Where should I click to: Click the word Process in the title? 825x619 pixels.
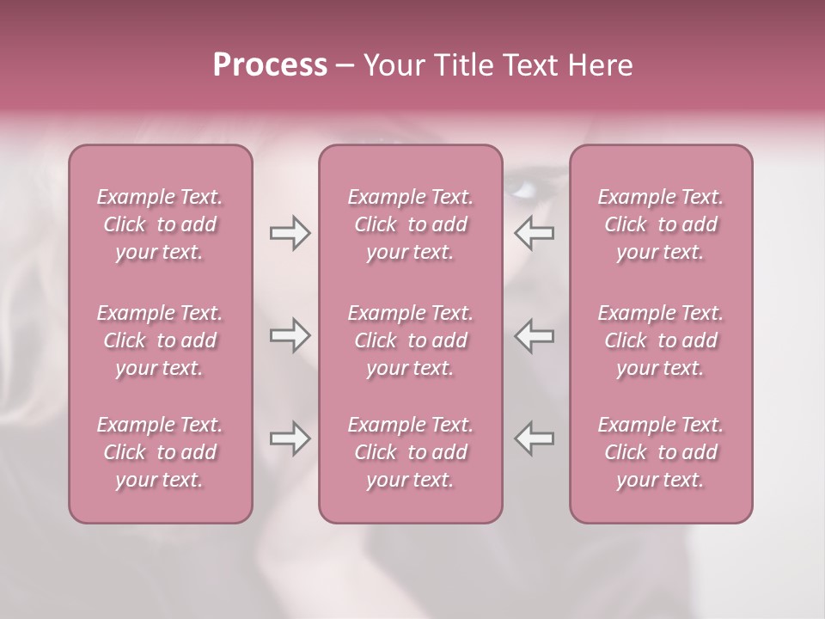[x=270, y=65]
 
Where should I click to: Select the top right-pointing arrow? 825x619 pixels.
[x=290, y=233]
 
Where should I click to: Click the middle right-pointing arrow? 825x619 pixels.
[x=290, y=336]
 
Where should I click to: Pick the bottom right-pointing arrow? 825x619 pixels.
[x=290, y=439]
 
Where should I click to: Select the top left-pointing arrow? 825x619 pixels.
[x=535, y=233]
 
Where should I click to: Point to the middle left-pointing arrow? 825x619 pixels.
[x=535, y=336]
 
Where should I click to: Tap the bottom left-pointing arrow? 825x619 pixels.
[x=535, y=439]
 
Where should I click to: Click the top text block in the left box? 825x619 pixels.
[x=160, y=224]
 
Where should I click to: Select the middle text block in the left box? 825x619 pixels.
[x=160, y=340]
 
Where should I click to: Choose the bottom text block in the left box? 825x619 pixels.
[x=160, y=452]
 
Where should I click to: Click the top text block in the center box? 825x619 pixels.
[x=411, y=224]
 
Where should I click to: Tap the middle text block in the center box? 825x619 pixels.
[x=411, y=340]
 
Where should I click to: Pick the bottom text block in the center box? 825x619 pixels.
[x=411, y=452]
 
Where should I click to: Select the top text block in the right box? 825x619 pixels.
[x=661, y=224]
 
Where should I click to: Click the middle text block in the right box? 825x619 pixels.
[x=661, y=340]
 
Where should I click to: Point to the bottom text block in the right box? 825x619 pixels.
[x=661, y=452]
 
